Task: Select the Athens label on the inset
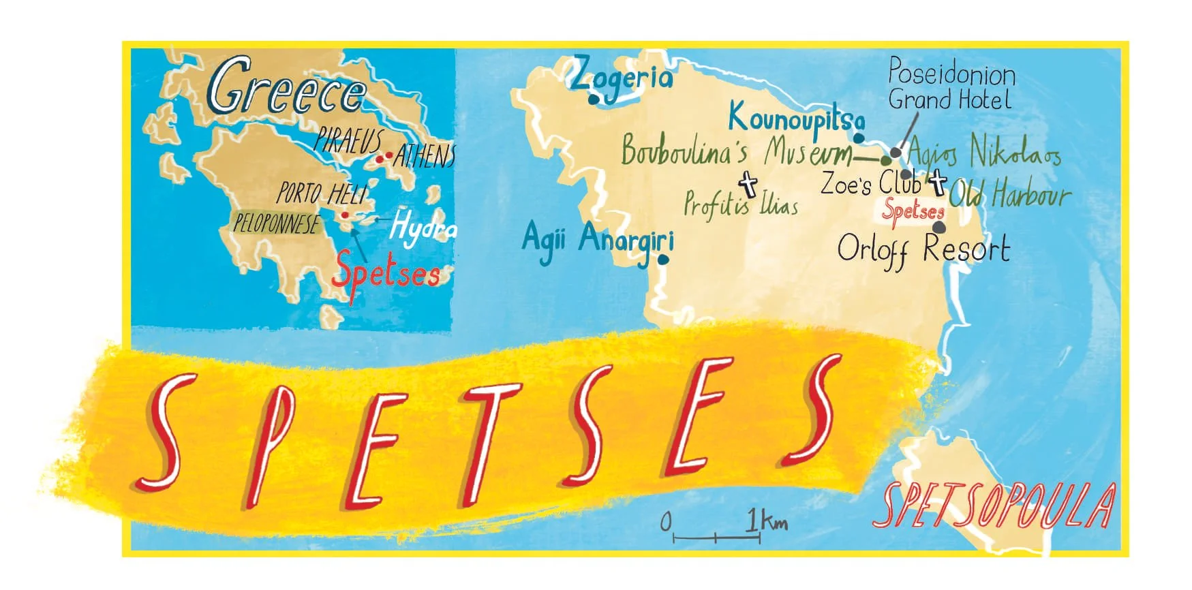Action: click(424, 157)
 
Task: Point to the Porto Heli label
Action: click(322, 193)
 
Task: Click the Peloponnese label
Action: click(276, 223)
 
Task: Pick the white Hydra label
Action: click(423, 228)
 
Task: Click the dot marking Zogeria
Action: click(594, 99)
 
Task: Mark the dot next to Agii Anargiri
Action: click(663, 259)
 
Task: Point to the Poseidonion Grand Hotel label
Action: click(951, 85)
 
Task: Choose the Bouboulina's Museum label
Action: click(736, 151)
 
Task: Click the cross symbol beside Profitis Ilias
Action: click(748, 183)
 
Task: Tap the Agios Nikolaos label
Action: click(983, 152)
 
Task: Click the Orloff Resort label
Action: click(923, 250)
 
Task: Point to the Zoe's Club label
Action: click(870, 183)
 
